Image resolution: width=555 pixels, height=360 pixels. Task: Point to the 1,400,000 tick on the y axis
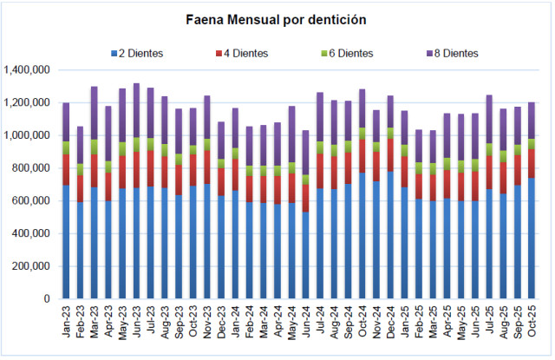click(27, 70)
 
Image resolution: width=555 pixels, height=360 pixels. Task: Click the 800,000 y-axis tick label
click(30, 168)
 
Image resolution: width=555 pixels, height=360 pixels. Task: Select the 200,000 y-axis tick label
click(30, 266)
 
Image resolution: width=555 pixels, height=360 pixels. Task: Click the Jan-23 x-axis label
click(67, 323)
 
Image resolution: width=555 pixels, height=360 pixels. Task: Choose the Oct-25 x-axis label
click(532, 323)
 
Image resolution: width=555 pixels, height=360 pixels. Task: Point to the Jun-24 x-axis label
click(306, 323)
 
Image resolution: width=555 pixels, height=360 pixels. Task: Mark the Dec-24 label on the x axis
click(391, 323)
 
